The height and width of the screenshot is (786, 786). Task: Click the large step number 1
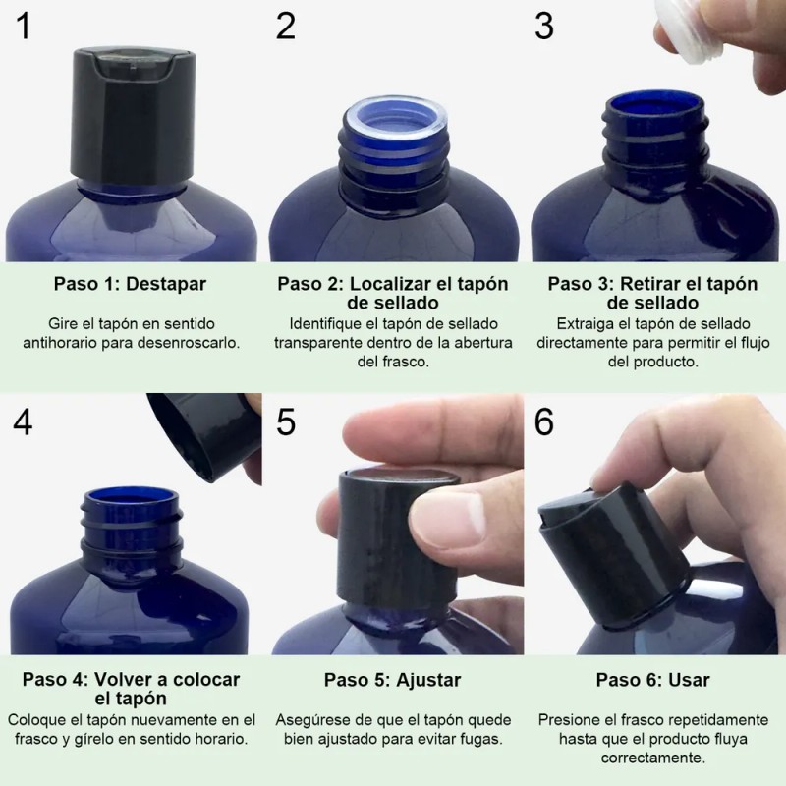[x=24, y=26]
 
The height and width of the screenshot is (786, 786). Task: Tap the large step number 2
[x=285, y=26]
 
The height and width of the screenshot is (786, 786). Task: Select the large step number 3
[x=544, y=26]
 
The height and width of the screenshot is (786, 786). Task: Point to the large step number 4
[x=23, y=422]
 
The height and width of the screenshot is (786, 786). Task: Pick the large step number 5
[x=286, y=422]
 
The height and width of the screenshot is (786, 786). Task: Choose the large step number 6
[x=544, y=422]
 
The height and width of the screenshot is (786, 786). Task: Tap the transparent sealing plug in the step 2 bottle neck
[x=396, y=121]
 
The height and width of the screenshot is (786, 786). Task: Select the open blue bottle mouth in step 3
[x=655, y=107]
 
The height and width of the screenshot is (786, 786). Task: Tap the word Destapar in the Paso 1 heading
[x=166, y=284]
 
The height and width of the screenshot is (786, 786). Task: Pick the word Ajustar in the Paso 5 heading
[x=428, y=680]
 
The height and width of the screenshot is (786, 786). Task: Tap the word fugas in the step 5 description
[x=481, y=740]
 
